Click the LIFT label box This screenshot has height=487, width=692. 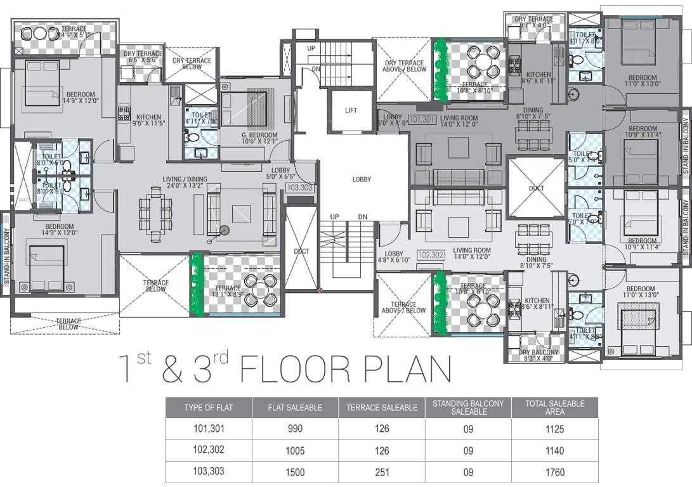(351, 110)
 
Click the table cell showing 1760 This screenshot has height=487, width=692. (554, 472)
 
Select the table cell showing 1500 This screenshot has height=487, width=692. (294, 472)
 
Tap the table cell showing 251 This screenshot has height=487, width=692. (381, 472)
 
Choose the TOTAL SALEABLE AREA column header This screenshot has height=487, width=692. (554, 408)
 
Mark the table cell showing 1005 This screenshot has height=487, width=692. (294, 451)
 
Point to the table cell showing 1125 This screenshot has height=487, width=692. (554, 429)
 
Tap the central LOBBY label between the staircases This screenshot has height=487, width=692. (362, 179)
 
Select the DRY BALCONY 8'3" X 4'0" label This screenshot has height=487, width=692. (539, 356)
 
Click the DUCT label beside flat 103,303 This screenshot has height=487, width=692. (302, 252)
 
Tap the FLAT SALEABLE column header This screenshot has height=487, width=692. (294, 408)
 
